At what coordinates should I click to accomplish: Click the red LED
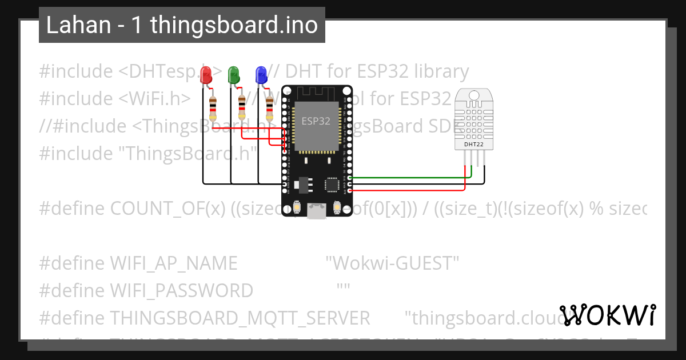(206, 75)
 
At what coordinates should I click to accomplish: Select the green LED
(234, 75)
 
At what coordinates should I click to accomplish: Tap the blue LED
(261, 75)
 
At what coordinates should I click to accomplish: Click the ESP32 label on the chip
(316, 121)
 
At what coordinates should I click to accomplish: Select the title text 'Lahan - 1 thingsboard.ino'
(182, 25)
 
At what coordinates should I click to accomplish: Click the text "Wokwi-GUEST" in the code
(392, 263)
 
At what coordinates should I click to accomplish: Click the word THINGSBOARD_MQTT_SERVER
(240, 318)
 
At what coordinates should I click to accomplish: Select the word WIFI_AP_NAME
(174, 263)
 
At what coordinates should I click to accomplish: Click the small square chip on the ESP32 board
(332, 184)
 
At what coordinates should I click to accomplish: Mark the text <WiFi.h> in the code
(155, 99)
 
